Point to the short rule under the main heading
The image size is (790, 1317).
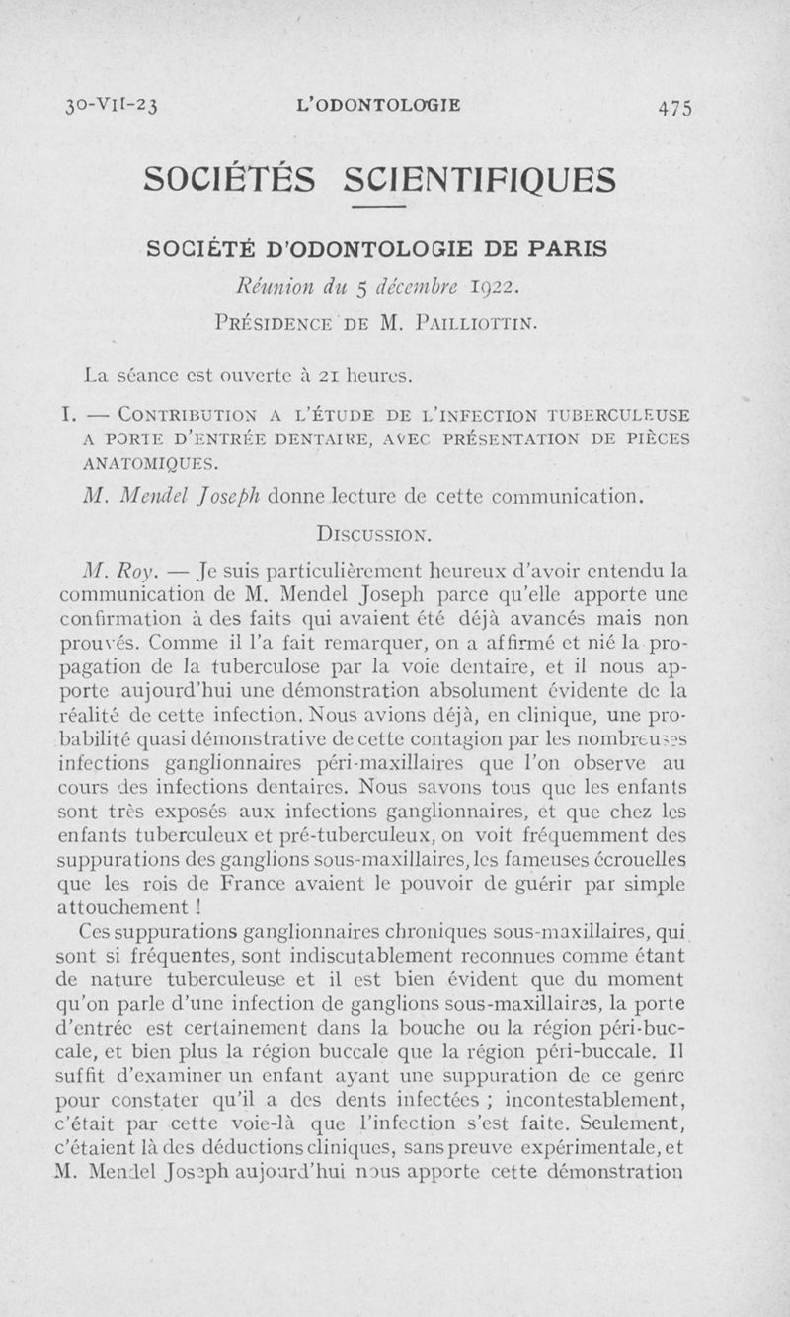[x=379, y=208]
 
